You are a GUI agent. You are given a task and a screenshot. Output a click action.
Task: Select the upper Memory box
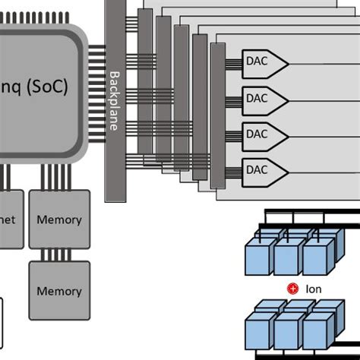[x=59, y=219]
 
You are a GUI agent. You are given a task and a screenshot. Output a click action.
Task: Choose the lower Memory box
[x=59, y=290]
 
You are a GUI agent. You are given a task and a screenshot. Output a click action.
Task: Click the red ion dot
[x=291, y=289]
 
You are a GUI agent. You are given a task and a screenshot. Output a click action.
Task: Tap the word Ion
[x=314, y=289]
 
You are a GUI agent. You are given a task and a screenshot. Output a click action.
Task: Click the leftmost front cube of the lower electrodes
[x=259, y=333]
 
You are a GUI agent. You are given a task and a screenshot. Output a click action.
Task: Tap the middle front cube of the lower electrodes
[x=288, y=333]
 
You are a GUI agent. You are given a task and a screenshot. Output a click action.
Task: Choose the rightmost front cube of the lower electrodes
[x=317, y=333]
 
